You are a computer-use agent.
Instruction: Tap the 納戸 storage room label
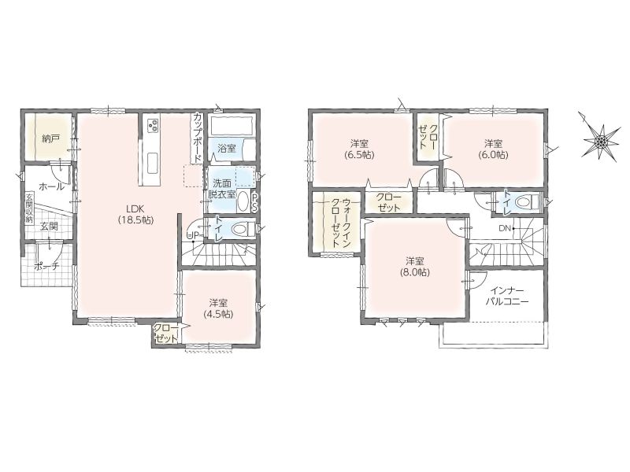click(x=50, y=139)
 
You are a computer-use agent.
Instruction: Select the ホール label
click(x=51, y=186)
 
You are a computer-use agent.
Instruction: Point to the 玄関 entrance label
click(x=49, y=226)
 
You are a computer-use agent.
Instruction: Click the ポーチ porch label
click(x=47, y=266)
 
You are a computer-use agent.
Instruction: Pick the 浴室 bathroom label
click(x=227, y=148)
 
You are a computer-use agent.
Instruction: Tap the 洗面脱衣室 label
click(x=222, y=189)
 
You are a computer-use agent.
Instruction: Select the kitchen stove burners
click(x=153, y=126)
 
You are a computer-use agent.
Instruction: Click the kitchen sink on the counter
click(x=153, y=164)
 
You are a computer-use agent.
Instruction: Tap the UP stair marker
click(x=192, y=236)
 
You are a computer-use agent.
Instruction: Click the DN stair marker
click(x=505, y=228)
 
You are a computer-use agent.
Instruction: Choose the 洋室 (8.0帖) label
click(x=415, y=267)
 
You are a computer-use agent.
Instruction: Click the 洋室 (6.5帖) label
click(x=360, y=149)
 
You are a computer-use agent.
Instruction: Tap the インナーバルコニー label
click(x=507, y=297)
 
